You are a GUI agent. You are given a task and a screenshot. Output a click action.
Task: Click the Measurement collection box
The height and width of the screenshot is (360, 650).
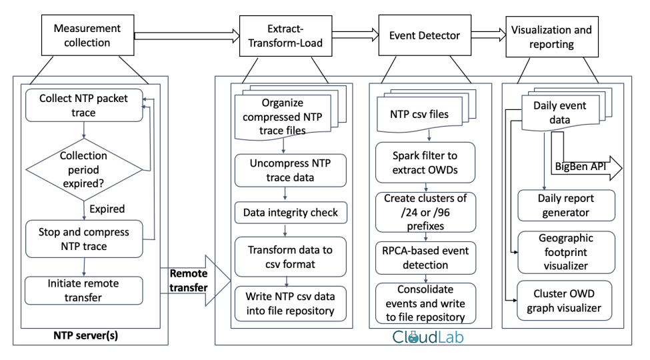click(87, 35)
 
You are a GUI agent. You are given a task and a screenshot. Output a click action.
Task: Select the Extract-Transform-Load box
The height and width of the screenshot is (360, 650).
click(285, 36)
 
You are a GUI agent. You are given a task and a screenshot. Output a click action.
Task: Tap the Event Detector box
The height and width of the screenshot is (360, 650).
click(425, 35)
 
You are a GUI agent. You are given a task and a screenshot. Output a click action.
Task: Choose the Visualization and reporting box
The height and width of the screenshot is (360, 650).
click(552, 37)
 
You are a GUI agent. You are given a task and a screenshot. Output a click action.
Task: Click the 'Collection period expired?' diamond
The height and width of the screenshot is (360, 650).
click(84, 169)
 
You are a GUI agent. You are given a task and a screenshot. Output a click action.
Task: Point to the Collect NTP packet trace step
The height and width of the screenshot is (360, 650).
click(84, 105)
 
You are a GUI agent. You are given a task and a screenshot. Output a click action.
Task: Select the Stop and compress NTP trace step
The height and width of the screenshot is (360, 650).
click(84, 239)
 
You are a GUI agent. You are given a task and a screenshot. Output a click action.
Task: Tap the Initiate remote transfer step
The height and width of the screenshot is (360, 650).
click(84, 290)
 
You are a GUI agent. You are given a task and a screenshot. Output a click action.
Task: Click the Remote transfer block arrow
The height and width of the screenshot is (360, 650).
click(195, 281)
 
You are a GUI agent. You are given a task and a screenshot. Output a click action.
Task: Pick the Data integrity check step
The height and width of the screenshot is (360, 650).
click(291, 213)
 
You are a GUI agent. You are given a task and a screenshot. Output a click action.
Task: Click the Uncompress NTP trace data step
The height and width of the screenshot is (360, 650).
click(290, 171)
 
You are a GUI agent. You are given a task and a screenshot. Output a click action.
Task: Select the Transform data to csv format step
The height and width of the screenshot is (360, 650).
click(290, 257)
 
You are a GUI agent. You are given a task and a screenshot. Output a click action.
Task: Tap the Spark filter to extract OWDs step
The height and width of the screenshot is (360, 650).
click(425, 163)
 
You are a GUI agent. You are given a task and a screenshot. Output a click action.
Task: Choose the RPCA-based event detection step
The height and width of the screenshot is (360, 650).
click(425, 258)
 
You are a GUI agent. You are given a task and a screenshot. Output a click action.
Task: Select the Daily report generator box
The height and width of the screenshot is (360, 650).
click(566, 205)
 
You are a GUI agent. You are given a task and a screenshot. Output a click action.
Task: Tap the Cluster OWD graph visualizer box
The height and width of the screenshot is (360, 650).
click(564, 301)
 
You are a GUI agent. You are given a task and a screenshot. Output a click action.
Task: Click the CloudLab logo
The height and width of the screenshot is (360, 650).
click(428, 337)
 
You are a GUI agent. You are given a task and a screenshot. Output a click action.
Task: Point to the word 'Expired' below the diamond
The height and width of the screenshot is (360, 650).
click(107, 209)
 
